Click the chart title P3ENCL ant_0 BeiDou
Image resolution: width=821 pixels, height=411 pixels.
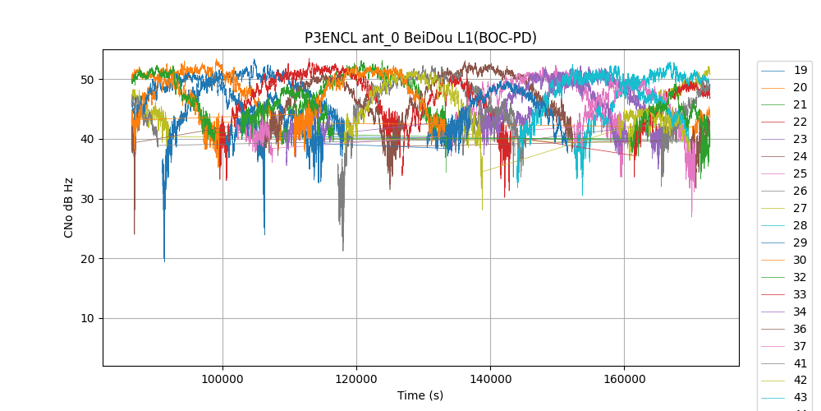point(420,38)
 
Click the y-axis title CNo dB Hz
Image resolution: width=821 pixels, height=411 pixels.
point(69,207)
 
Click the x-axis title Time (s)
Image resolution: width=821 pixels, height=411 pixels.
point(420,395)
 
